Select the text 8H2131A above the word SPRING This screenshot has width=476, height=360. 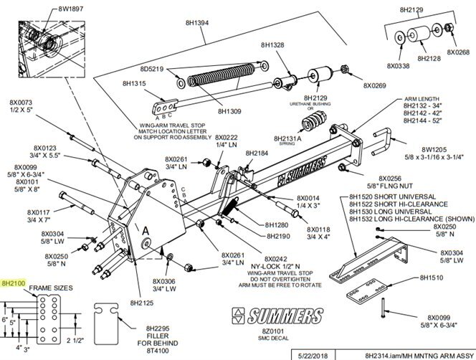coord(289,138)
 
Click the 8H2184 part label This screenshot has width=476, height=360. coord(256,153)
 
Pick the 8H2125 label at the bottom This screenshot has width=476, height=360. coord(144,303)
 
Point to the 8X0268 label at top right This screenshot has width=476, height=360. coord(458,52)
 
